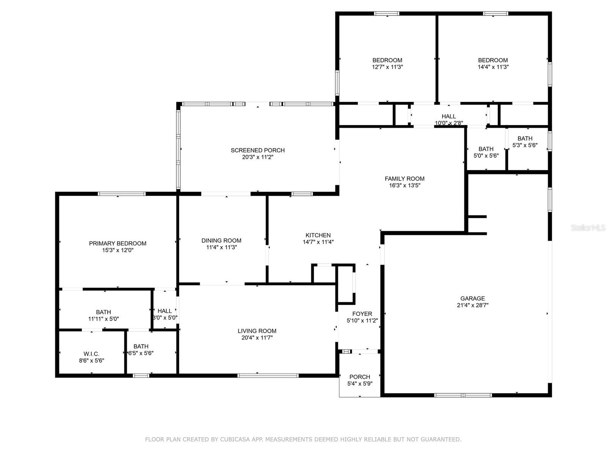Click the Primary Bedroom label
118,243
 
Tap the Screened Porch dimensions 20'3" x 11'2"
258,157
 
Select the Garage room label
473,298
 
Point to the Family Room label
404,179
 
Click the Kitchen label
318,235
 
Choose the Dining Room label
221,241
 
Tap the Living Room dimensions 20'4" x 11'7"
257,337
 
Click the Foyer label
362,314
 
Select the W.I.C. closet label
91,354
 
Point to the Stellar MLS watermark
588,227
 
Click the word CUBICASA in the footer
235,439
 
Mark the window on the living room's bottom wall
268,375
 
